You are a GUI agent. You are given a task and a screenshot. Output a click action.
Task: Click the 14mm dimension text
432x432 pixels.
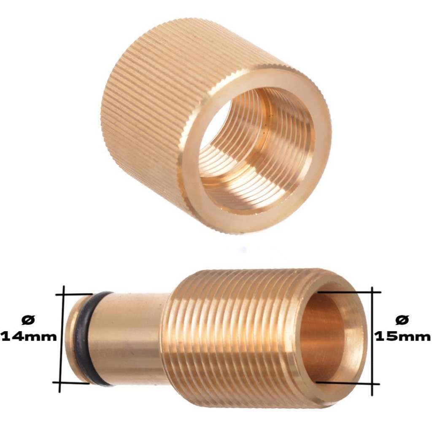(x=29, y=337)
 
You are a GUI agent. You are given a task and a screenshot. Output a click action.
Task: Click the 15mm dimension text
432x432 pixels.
(x=402, y=337)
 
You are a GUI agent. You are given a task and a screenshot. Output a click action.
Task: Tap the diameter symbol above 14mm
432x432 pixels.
(x=29, y=320)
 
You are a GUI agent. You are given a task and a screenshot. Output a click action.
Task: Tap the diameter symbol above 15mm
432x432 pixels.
(x=402, y=320)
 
